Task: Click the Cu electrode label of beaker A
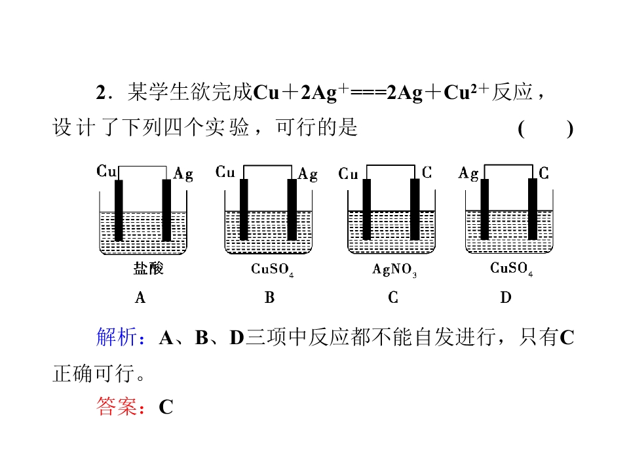(106, 171)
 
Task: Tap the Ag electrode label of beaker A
(183, 174)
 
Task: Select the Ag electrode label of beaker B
(308, 174)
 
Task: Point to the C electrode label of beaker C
(427, 172)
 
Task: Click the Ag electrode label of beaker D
(468, 173)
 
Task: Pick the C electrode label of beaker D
(544, 173)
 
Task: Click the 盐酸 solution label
(149, 268)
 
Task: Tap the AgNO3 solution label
(394, 269)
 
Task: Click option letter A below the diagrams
(140, 298)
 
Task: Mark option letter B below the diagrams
(269, 298)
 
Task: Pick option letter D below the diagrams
(506, 298)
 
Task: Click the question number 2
(101, 92)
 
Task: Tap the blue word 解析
(117, 336)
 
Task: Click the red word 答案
(117, 406)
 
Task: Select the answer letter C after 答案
(166, 407)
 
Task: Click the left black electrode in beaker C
(367, 210)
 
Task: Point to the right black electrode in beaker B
(292, 210)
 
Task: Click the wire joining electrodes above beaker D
(508, 165)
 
